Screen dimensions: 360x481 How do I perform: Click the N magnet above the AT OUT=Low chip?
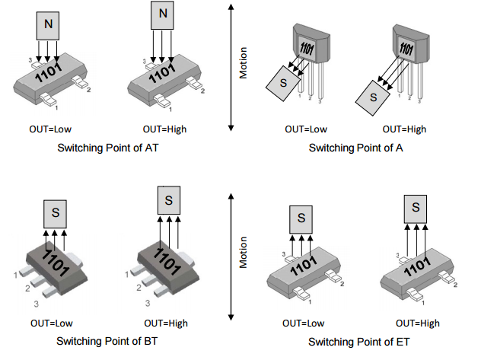pyautogui.click(x=49, y=24)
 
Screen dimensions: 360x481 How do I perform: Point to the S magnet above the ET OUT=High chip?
pyautogui.click(x=415, y=206)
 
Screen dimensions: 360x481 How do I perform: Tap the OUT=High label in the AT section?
pyautogui.click(x=164, y=129)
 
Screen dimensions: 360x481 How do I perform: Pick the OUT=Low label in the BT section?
pyautogui.click(x=50, y=323)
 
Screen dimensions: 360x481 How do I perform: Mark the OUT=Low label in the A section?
pyautogui.click(x=306, y=129)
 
